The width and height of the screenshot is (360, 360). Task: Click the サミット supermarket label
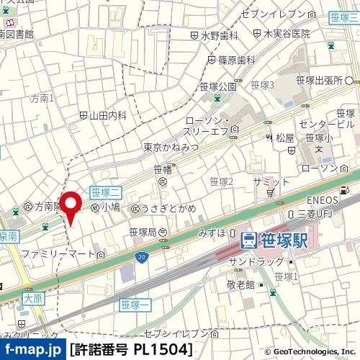[x=270, y=183]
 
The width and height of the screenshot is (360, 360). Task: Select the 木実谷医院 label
[x=287, y=33]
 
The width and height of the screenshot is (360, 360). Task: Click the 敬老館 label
[x=241, y=285]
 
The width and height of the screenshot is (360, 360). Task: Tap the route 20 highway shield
[x=141, y=256]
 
